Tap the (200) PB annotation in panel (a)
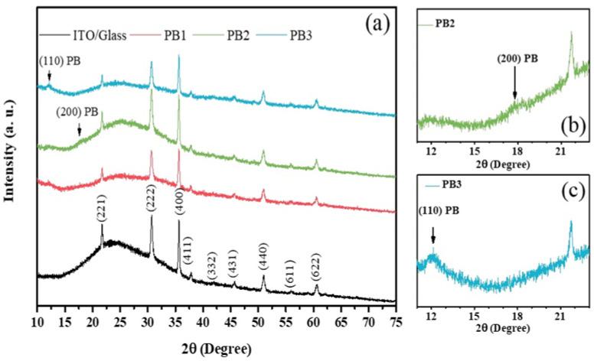pos(77,112)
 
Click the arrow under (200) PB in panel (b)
pos(514,89)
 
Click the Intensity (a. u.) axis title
pos(12,154)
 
